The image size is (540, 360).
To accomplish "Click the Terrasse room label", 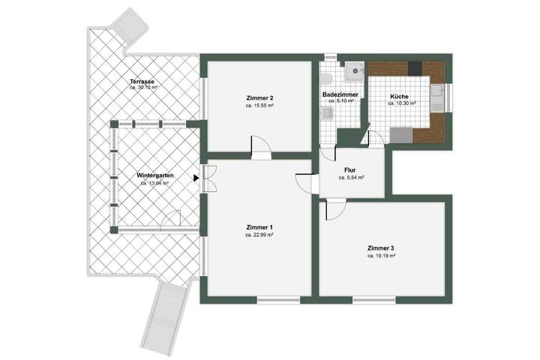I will click(x=142, y=81).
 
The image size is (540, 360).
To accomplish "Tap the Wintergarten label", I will click(x=153, y=176).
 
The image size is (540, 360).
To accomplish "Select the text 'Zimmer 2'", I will click(x=259, y=98).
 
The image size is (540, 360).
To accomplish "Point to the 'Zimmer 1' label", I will click(x=259, y=227).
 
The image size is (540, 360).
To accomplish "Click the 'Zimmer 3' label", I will click(x=381, y=248).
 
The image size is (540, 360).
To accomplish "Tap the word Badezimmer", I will click(x=340, y=95).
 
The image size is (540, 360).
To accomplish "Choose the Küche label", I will click(x=399, y=97).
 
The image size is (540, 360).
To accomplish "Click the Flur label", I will click(x=349, y=170).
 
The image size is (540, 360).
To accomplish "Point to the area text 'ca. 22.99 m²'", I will click(x=259, y=235).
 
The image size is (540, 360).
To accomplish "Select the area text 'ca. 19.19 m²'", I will click(x=381, y=256).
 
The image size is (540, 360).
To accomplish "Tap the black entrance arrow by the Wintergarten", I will click(x=196, y=178).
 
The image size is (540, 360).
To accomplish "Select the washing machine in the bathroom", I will click(x=355, y=70).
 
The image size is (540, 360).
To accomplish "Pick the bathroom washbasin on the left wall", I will click(x=325, y=112).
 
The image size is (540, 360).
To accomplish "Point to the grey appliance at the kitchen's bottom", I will click(x=402, y=135).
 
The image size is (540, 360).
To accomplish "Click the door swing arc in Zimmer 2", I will click(x=258, y=144).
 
